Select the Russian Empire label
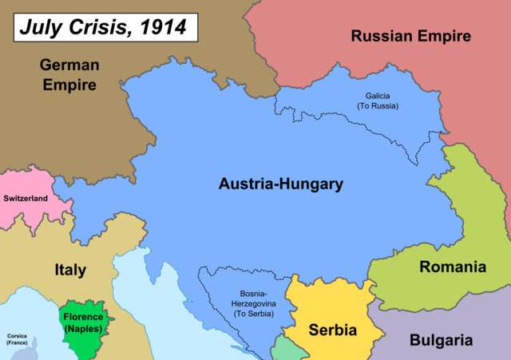(x=411, y=35)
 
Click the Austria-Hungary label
(x=280, y=184)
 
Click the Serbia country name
(x=332, y=330)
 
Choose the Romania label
(x=453, y=267)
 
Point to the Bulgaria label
(x=441, y=340)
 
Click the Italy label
(x=70, y=270)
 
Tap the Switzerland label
(x=26, y=198)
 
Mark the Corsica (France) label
(x=17, y=338)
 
